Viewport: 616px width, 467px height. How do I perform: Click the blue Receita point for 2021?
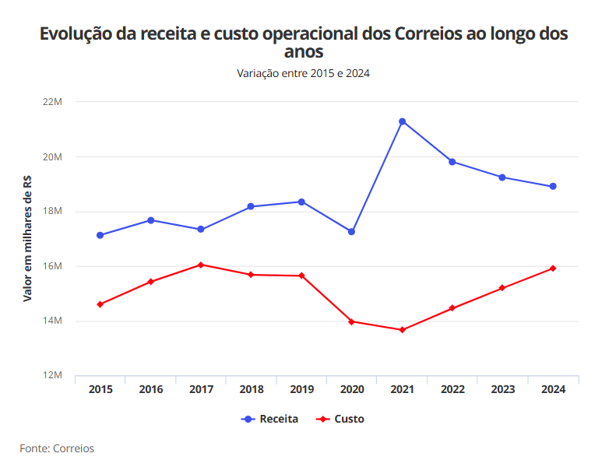[x=402, y=121]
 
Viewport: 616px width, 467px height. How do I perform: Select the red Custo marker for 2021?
[x=402, y=330]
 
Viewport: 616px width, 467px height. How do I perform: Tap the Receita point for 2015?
[x=100, y=235]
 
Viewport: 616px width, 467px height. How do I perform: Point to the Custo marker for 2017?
[x=201, y=265]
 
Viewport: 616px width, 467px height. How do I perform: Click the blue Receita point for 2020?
[x=351, y=232]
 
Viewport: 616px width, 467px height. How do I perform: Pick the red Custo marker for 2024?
[x=553, y=269]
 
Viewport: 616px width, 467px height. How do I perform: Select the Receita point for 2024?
[x=553, y=187]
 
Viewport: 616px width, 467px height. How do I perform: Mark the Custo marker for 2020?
[x=351, y=321]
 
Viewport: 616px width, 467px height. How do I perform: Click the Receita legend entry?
[x=270, y=419]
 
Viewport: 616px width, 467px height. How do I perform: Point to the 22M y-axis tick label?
[x=52, y=102]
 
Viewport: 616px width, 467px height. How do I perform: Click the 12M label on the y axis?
[x=52, y=376]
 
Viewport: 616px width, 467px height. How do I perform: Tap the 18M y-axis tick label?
[x=52, y=212]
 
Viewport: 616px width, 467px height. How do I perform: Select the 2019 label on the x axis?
[x=301, y=389]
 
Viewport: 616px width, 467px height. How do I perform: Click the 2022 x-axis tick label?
[x=452, y=389]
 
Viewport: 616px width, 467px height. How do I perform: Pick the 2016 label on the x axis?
[x=150, y=389]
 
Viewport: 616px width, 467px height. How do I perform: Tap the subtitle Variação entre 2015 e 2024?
[x=303, y=73]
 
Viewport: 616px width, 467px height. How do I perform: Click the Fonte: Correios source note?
[x=57, y=448]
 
